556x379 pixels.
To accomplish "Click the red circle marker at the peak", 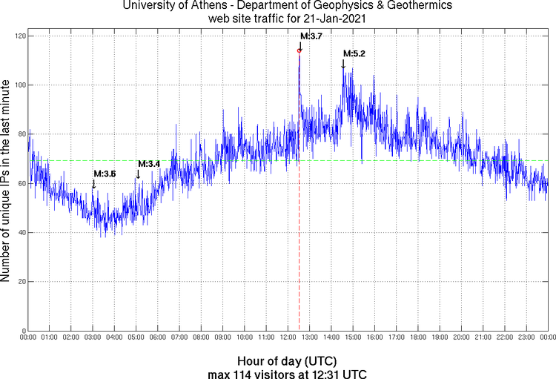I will click(x=299, y=51).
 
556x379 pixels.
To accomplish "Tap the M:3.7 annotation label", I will click(x=311, y=36).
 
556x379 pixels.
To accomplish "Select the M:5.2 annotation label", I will click(x=354, y=53).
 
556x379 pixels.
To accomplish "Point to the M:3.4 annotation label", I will click(x=149, y=163).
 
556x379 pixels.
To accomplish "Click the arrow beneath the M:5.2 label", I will click(x=343, y=65).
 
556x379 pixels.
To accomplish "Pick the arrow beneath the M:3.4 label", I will click(x=138, y=174).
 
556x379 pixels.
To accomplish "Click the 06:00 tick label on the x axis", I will click(x=158, y=338).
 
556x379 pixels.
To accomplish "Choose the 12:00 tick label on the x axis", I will click(x=288, y=338).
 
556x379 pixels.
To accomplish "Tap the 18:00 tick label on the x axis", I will click(x=418, y=338).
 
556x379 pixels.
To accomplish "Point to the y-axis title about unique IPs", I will click(x=7, y=183).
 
